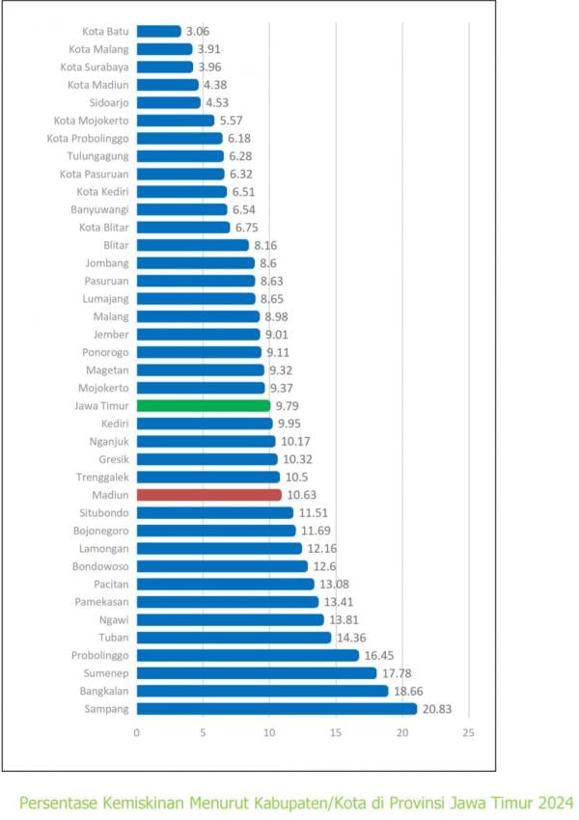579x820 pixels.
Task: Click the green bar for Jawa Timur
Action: coord(203,405)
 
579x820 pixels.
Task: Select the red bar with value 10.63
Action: coord(208,494)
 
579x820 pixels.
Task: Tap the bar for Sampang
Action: coord(276,709)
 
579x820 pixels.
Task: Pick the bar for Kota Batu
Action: coord(158,31)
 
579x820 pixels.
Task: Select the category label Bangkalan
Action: coord(104,691)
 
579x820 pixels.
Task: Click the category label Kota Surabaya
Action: coord(95,67)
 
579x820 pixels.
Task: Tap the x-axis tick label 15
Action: coord(335,732)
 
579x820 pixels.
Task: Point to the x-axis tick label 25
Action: coord(467,732)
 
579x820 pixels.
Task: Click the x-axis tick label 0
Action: coord(137,732)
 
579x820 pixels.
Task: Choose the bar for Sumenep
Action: coord(256,673)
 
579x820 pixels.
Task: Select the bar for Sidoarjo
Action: coord(168,102)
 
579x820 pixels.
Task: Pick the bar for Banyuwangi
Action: coord(181,209)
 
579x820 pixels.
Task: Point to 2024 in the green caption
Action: coord(554,803)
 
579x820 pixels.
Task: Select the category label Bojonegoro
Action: coord(100,530)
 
